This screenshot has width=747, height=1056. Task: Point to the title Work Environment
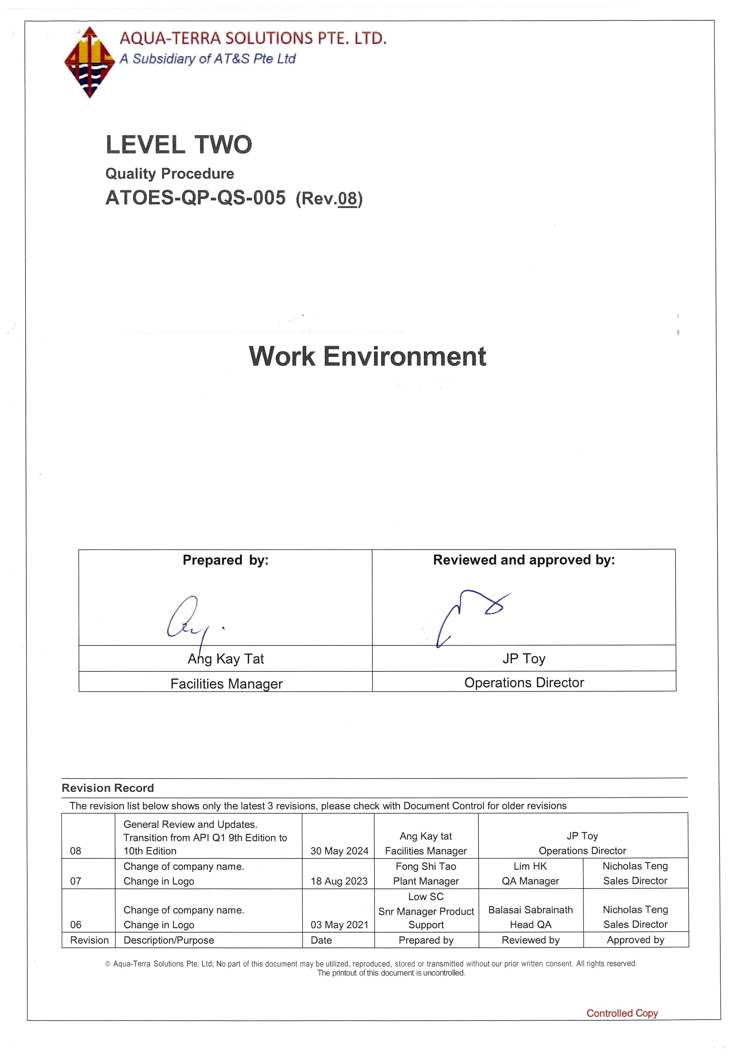pos(367,357)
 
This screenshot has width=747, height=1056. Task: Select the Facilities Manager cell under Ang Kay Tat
pos(226,684)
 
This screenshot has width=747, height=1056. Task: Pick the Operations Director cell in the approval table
pos(524,683)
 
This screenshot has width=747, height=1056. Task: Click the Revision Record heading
pos(108,788)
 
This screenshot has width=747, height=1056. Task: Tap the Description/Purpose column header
pos(169,940)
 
